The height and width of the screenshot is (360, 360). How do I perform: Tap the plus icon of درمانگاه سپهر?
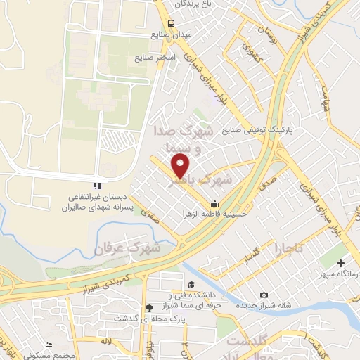point(341,262)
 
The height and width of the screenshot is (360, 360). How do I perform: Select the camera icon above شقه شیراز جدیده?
point(264,295)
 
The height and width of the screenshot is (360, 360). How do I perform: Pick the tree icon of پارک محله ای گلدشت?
point(148,307)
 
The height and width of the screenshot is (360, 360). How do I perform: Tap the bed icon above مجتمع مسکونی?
point(48,344)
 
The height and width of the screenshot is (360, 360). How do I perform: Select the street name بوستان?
point(266,31)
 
